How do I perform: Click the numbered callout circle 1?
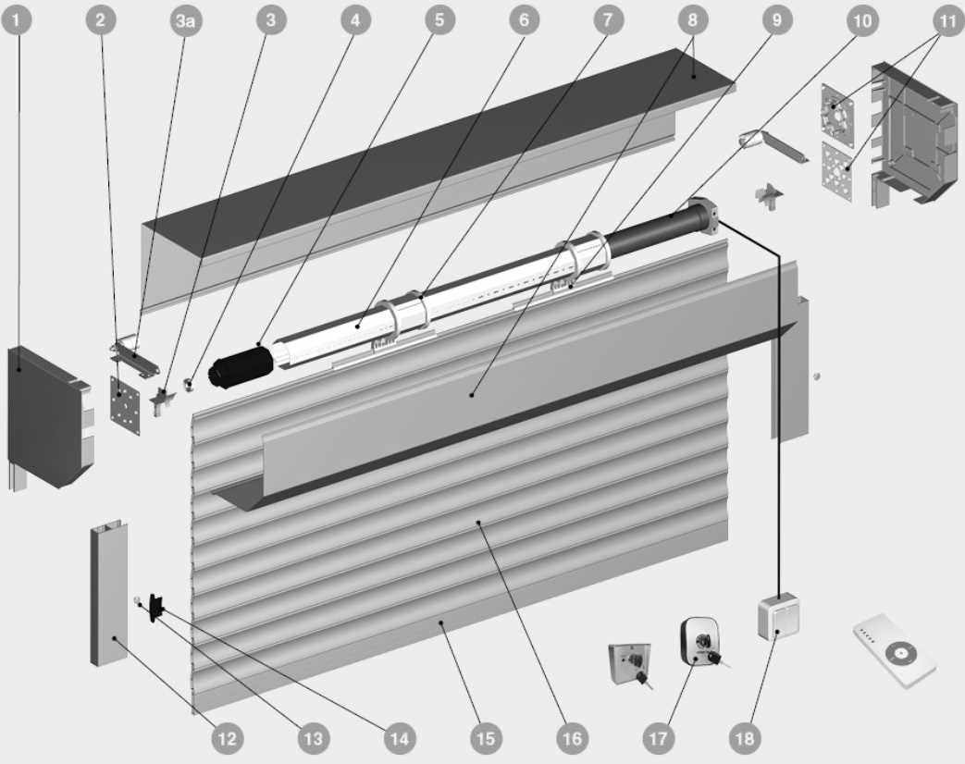click(x=17, y=20)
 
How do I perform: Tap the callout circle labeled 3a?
click(x=186, y=20)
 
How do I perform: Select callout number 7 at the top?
click(x=608, y=20)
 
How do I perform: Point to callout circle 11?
click(x=947, y=20)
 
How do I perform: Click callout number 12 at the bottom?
click(x=227, y=738)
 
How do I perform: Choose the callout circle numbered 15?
click(x=486, y=738)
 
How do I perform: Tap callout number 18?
click(x=745, y=738)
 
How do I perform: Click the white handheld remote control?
click(x=895, y=651)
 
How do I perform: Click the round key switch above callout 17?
click(x=700, y=644)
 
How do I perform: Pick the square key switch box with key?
click(x=629, y=664)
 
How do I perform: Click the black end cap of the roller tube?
click(x=240, y=368)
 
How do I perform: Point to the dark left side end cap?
click(x=48, y=416)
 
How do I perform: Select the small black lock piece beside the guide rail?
click(x=157, y=607)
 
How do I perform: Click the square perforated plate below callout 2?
click(x=126, y=405)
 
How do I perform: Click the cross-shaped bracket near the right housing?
click(x=769, y=195)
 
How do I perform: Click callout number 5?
click(x=439, y=20)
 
